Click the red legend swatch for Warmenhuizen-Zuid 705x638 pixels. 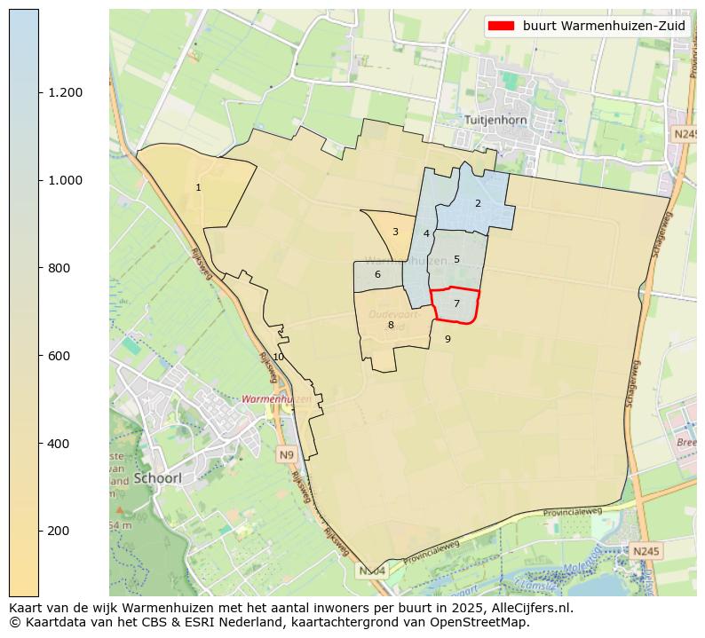tap(502, 26)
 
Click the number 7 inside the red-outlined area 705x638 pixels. tap(456, 303)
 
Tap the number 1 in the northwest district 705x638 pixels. tap(198, 187)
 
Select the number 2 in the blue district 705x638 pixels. tap(478, 203)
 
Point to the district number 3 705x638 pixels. tap(395, 232)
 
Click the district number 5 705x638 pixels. tap(456, 259)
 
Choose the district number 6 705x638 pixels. tap(377, 274)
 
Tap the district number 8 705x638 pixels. tap(391, 325)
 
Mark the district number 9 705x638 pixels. tap(448, 339)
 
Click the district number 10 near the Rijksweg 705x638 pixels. tap(278, 357)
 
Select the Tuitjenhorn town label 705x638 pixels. tap(495, 119)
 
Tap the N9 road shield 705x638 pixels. tap(286, 455)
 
